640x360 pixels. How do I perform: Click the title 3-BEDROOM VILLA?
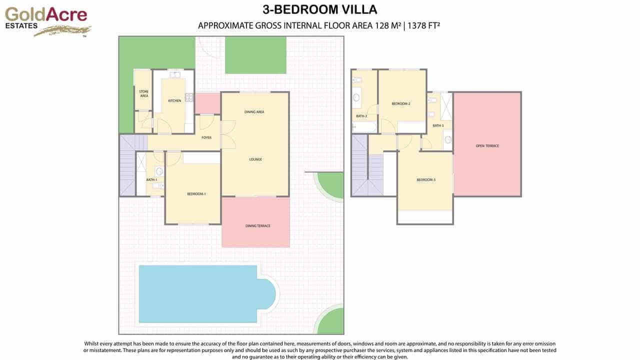pos(320,9)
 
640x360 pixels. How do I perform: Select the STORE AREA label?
pos(143,93)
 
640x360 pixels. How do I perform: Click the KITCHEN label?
pos(174,101)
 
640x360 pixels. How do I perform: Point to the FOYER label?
pos(206,137)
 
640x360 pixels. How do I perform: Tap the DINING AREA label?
pos(254,112)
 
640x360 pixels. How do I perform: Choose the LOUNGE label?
pos(255,159)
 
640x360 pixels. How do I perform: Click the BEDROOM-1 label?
pos(196,194)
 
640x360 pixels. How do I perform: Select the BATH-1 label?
pos(151,179)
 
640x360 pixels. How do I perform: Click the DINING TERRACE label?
pos(257,226)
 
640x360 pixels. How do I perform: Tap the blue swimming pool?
pos(200,294)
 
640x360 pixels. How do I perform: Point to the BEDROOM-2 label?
pos(400,103)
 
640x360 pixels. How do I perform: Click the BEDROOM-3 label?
pos(425,180)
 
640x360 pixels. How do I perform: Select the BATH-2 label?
pos(361,116)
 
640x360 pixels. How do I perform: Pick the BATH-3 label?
pos(438,125)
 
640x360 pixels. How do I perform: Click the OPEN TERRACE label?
pos(487,146)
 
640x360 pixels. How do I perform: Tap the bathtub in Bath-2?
pos(364,127)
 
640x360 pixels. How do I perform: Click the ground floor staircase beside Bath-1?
pos(127,166)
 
